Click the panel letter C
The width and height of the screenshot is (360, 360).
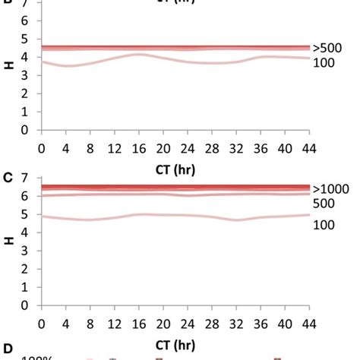pyautogui.click(x=6, y=176)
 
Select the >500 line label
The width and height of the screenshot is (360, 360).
pyautogui.click(x=324, y=47)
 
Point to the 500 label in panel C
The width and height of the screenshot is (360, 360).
pyautogui.click(x=322, y=203)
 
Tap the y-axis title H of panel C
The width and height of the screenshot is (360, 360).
pyautogui.click(x=10, y=241)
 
